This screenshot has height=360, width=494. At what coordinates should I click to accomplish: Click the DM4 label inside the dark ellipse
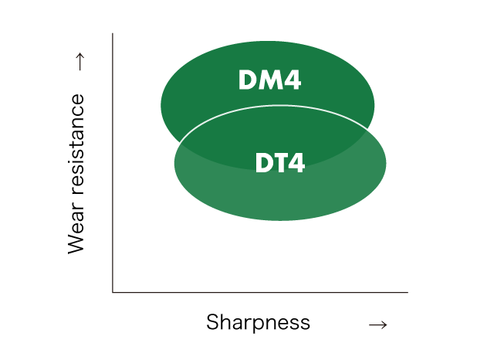(x=269, y=80)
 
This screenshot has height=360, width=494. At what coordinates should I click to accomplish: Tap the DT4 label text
(x=280, y=163)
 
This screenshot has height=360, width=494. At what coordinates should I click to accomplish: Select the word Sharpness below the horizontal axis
(x=258, y=322)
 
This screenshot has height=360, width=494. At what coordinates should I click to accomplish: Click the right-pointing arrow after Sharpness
(x=377, y=324)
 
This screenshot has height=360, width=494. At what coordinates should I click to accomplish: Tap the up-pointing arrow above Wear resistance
(x=77, y=63)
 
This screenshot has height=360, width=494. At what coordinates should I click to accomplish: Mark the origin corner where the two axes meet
(x=113, y=292)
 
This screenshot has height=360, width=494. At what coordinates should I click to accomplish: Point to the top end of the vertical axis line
(x=113, y=34)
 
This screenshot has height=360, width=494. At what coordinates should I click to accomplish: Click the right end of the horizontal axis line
(x=407, y=292)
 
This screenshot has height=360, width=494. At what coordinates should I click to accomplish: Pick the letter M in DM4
(x=269, y=80)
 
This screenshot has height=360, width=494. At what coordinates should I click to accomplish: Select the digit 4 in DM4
(x=291, y=80)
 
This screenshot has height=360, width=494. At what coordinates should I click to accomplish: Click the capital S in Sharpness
(x=212, y=322)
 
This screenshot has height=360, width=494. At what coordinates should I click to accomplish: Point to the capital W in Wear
(x=76, y=243)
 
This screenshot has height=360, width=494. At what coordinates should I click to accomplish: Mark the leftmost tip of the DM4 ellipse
(x=161, y=104)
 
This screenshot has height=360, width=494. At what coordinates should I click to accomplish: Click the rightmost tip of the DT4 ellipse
(x=386, y=163)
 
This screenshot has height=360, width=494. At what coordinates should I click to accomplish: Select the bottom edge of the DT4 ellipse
(x=280, y=221)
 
